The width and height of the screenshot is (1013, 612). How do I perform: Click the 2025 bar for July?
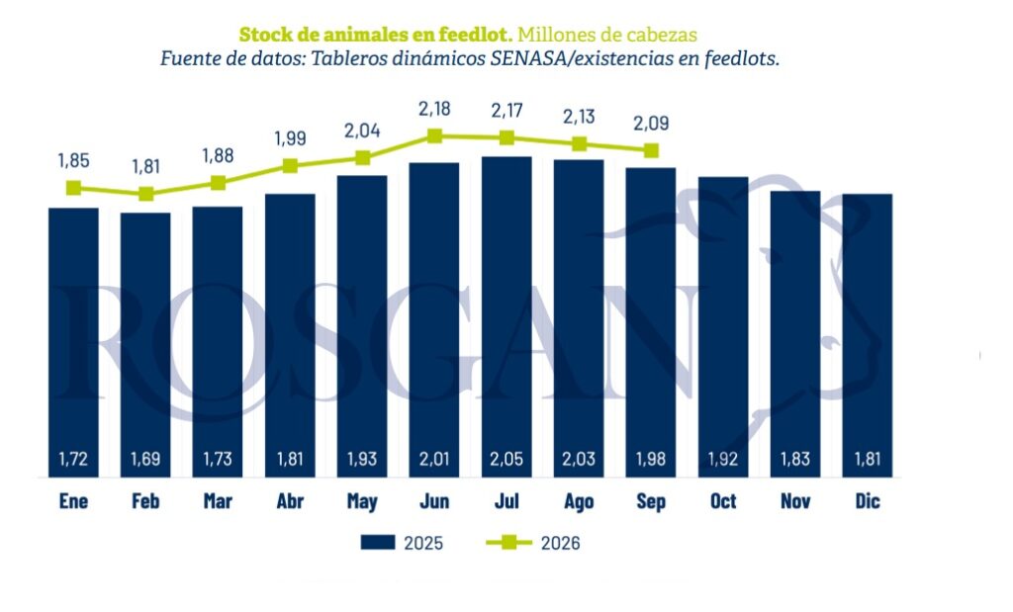(x=506, y=316)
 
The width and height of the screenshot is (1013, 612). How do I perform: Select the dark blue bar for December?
(x=867, y=335)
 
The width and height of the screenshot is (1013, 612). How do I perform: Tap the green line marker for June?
(x=435, y=135)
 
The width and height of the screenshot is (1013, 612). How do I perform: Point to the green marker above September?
(x=651, y=150)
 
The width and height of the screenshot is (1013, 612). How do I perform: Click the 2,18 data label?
(x=434, y=109)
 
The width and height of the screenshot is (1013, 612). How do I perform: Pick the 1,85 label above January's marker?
(x=73, y=161)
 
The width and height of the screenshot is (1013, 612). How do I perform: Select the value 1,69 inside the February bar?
(x=145, y=459)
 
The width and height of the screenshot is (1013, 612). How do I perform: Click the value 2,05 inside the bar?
(x=506, y=459)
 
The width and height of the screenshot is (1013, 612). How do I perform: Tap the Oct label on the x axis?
(x=723, y=501)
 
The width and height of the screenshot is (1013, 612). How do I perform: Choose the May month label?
(x=362, y=501)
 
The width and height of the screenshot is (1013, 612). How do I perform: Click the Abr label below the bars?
(x=290, y=501)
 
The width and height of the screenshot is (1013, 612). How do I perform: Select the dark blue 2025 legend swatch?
(x=378, y=542)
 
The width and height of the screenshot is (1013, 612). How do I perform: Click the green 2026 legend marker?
(x=508, y=542)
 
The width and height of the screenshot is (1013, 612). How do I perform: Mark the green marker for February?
(x=146, y=194)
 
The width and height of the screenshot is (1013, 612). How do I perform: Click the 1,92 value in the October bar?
(x=723, y=459)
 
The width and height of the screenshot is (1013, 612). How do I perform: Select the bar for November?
(x=795, y=334)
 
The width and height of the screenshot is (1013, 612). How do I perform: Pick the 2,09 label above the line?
(x=651, y=123)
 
